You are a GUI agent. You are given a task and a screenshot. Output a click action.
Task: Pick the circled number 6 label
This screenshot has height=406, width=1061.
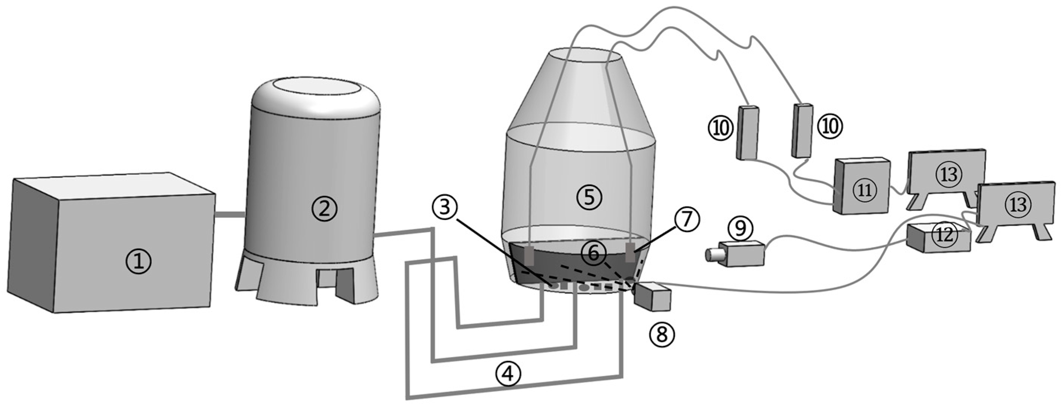(x=593, y=253)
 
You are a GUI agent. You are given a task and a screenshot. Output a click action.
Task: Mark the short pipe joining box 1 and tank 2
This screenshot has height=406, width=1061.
(x=230, y=215)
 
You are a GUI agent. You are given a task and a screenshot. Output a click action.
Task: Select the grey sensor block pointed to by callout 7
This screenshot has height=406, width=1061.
(x=630, y=252)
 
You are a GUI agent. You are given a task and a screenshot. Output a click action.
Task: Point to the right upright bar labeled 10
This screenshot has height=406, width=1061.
(x=801, y=130)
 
